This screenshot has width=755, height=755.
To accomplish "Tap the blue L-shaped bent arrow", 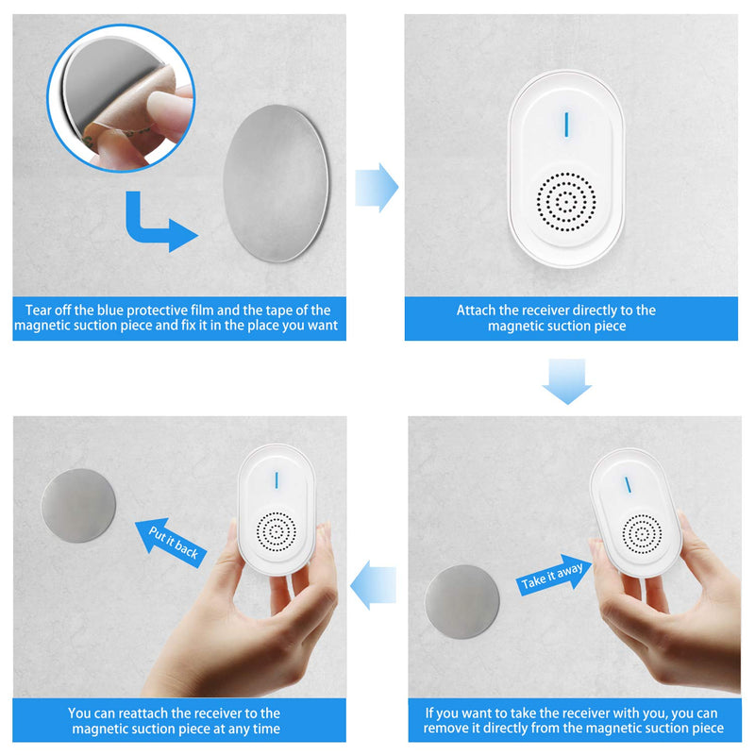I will pos(151,225).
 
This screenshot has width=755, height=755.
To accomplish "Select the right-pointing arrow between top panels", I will pos(376,186).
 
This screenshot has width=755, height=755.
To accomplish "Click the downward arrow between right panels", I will pos(566,381).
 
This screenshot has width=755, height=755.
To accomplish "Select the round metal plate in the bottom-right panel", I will pos(461,601).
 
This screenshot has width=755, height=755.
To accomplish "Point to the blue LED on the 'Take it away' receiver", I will pos(627,484).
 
